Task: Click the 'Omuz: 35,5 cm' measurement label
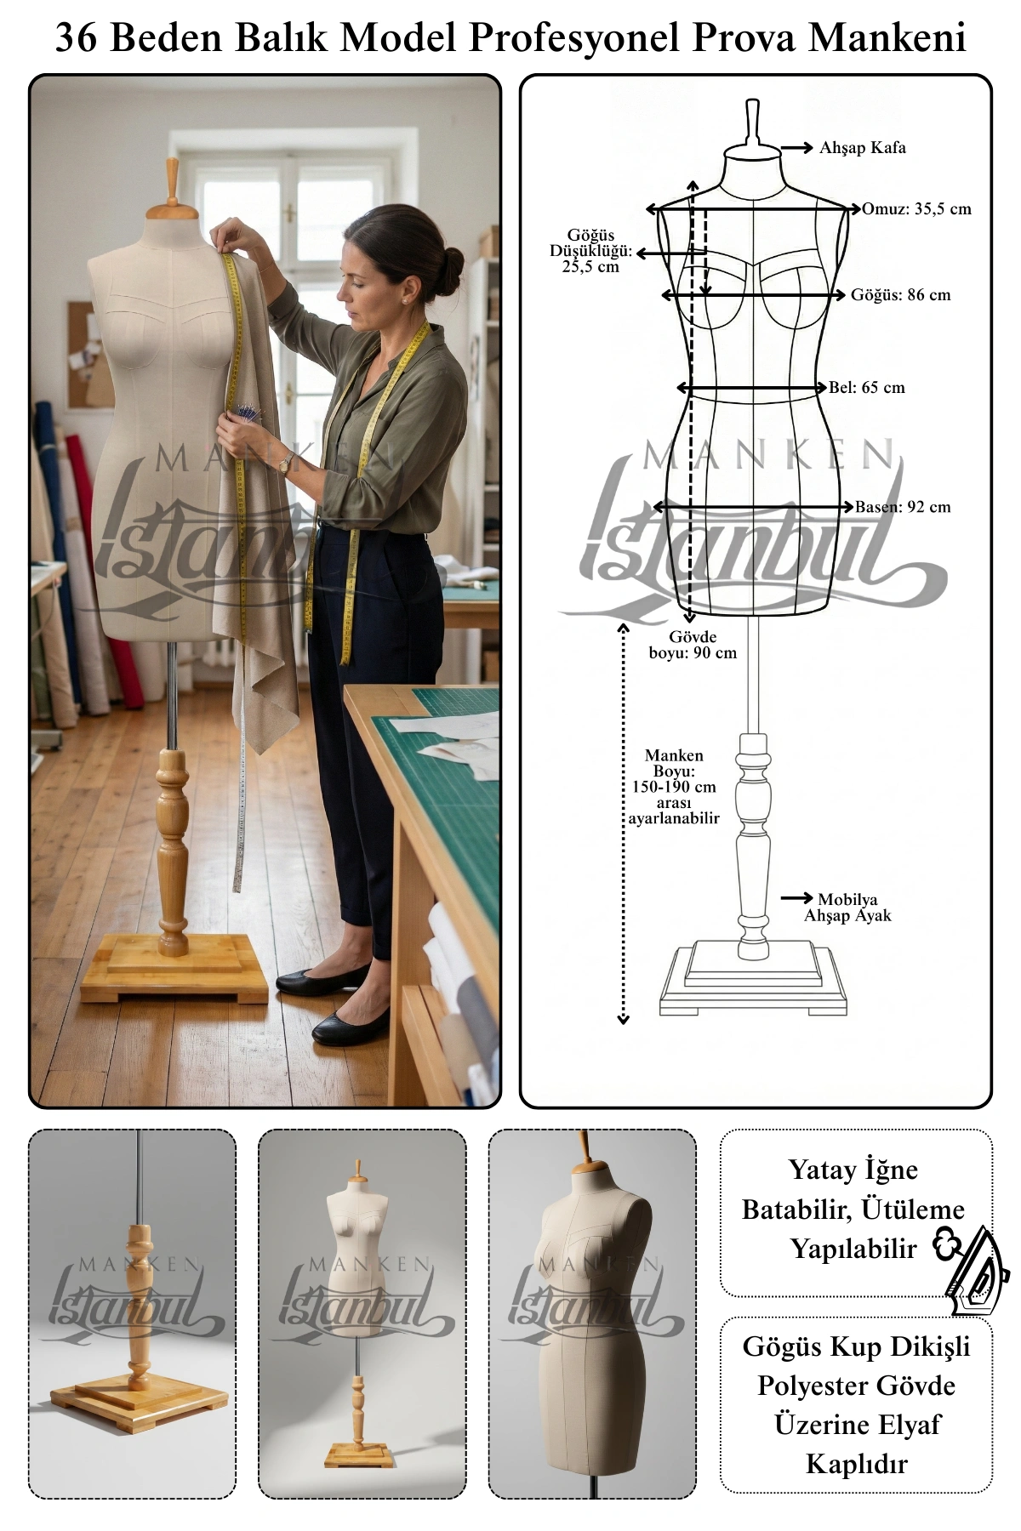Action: point(916,209)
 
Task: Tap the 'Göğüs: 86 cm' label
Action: point(901,295)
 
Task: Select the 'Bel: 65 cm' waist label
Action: point(867,388)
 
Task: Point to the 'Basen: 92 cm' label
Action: point(903,507)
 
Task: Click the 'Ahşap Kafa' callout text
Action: point(863,148)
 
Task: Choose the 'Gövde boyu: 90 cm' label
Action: point(693,645)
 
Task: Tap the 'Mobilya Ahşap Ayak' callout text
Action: point(847,908)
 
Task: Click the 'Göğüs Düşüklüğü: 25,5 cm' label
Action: point(590,251)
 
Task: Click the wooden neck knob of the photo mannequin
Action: point(173,180)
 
